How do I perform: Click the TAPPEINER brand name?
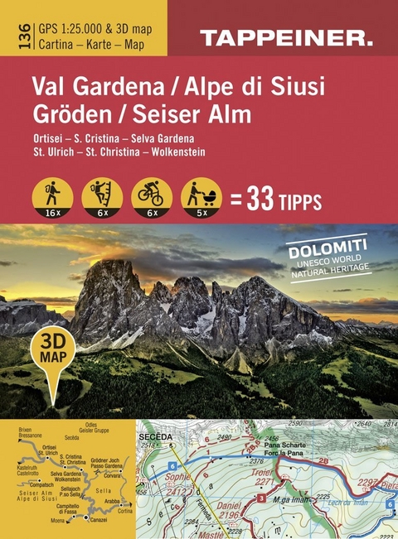pyautogui.click(x=285, y=36)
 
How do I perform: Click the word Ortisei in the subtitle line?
pyautogui.click(x=48, y=137)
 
